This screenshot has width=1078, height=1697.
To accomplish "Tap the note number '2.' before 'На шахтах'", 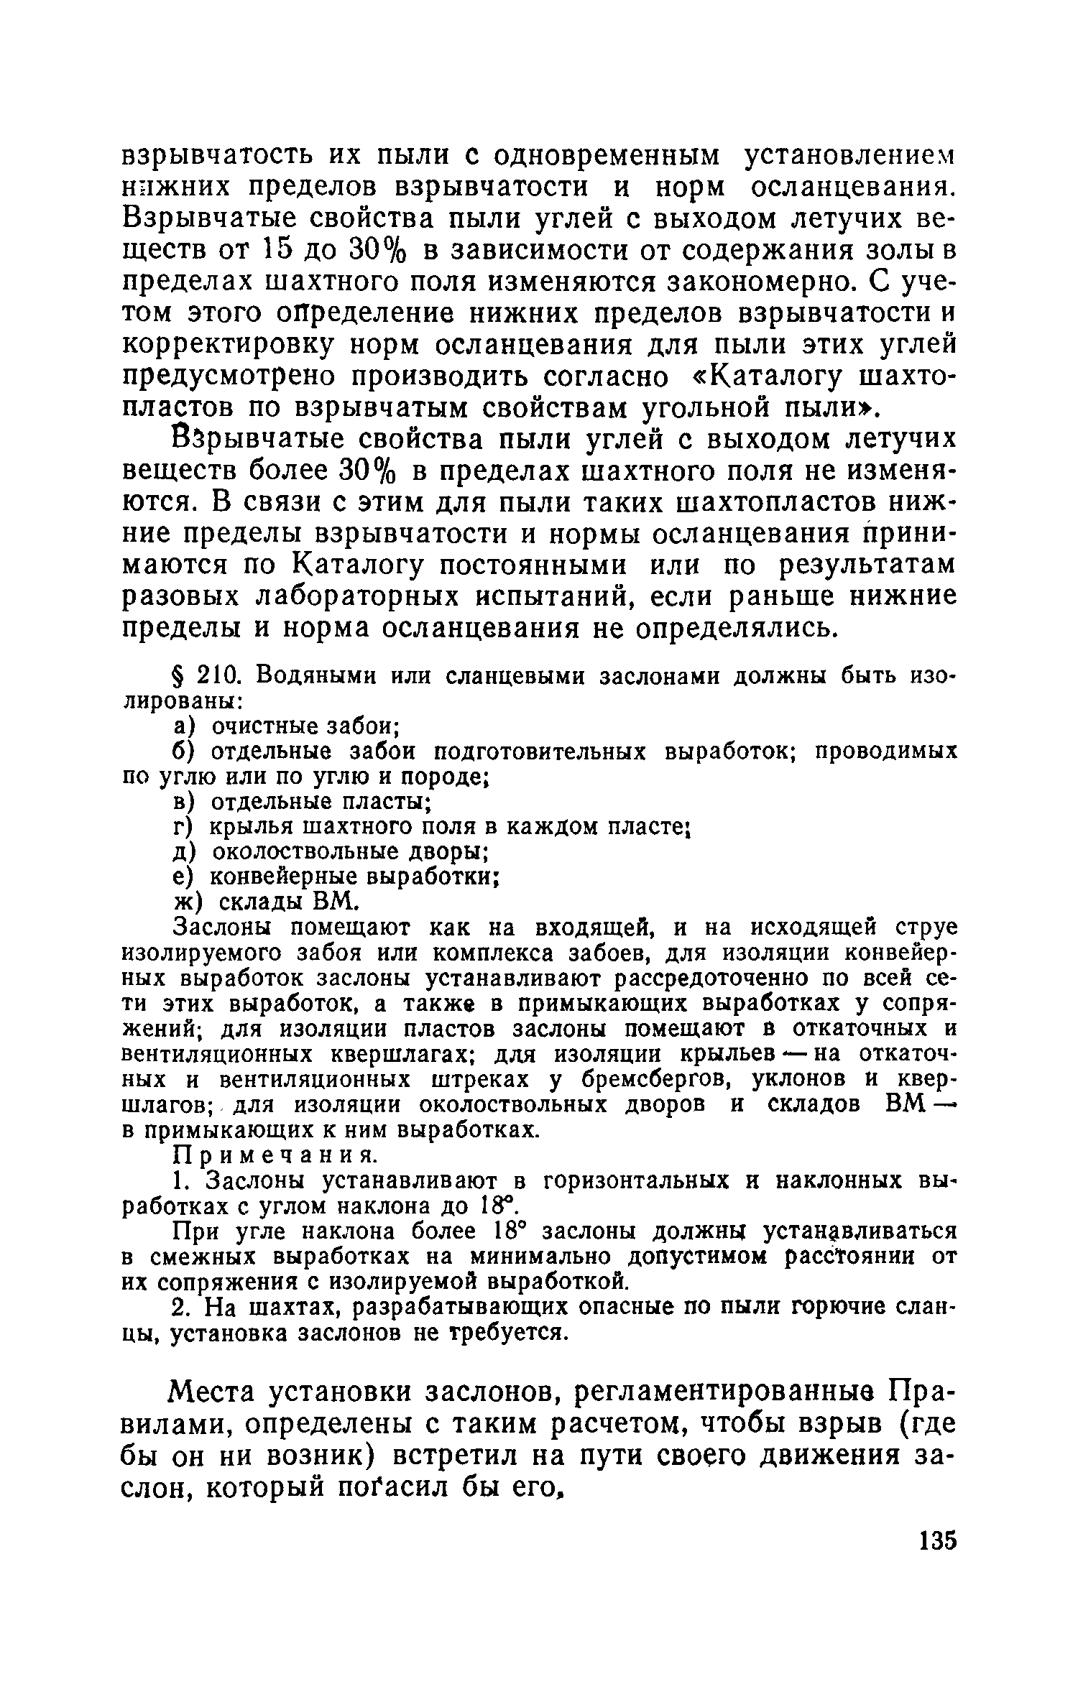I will click(183, 1308).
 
